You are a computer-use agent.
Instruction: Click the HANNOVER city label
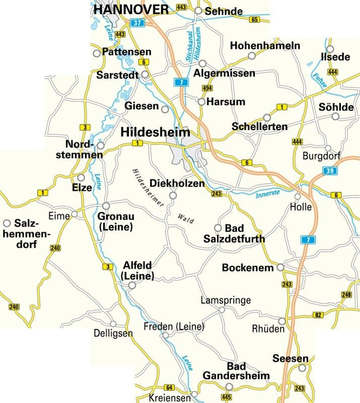click(131, 9)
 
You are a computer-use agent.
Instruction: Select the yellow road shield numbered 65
click(254, 20)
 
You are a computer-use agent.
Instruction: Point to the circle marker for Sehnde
click(198, 11)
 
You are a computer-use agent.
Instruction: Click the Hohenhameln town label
click(265, 46)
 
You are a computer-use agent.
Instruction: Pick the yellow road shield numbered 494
click(206, 88)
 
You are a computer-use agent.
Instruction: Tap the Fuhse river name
click(320, 81)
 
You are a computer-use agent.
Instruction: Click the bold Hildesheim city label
click(156, 132)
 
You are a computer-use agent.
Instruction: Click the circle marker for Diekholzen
click(172, 195)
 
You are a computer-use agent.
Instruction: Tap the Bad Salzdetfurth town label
click(234, 234)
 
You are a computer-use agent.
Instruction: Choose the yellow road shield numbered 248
click(346, 295)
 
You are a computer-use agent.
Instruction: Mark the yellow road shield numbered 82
click(317, 315)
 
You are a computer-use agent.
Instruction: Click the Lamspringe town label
click(226, 301)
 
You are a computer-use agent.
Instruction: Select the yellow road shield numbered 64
click(169, 387)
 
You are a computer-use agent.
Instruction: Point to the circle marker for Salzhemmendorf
click(7, 223)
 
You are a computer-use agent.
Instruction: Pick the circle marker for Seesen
click(302, 368)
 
